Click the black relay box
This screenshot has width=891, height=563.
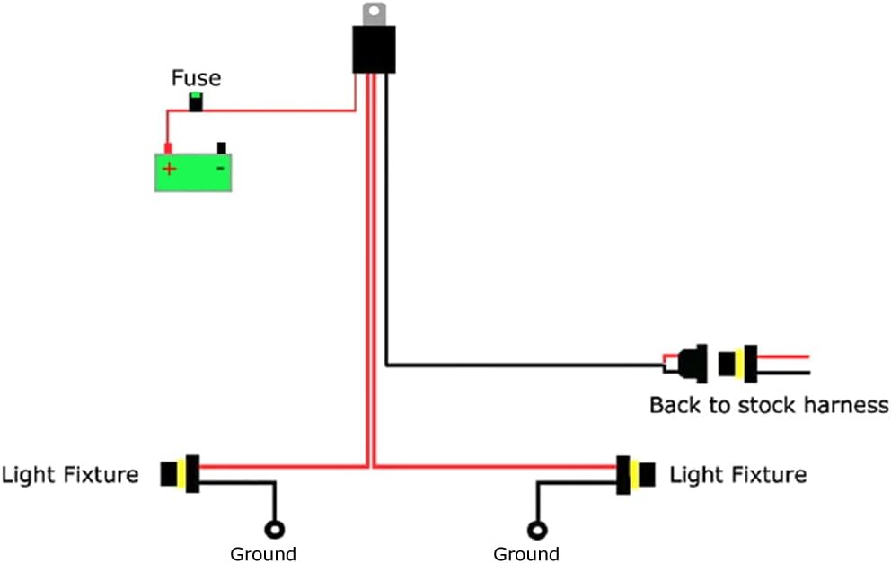pos(374,49)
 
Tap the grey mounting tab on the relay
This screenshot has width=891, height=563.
pos(374,14)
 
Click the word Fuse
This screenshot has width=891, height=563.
pos(196,78)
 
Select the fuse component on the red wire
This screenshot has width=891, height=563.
pos(196,101)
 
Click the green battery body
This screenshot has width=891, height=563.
pos(193,172)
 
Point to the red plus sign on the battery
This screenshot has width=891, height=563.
pos(169,169)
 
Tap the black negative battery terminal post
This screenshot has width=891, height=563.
pos(222,148)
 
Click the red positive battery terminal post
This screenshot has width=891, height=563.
pos(168,149)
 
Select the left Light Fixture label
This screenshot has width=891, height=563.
pos(70,475)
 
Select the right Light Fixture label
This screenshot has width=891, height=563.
pos(738,475)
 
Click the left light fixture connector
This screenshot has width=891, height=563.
pos(181,474)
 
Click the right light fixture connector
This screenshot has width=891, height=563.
pos(636,474)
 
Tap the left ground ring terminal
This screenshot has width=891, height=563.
pos(275,530)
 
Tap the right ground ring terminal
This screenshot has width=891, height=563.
pos(537,531)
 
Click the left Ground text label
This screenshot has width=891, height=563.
pos(263,553)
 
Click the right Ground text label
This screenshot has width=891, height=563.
pos(526,553)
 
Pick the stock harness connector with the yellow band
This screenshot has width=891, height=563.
pos(737,364)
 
